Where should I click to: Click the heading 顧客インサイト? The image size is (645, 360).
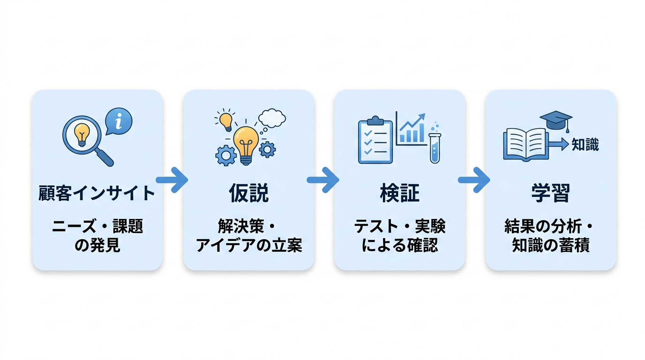pos(97,193)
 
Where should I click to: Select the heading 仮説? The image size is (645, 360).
pos(248,193)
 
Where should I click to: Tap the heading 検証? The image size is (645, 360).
pos(399,193)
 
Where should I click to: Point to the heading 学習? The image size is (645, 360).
pos(550,193)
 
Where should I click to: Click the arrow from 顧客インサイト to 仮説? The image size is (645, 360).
pos(172,180)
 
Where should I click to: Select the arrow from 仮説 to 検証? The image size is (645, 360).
pos(323,180)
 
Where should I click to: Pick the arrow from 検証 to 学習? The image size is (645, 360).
pos(474,180)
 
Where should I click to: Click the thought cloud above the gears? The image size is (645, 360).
pos(272,118)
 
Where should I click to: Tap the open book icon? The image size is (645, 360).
pos(525,144)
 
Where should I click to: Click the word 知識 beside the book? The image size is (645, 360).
pos(585,145)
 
